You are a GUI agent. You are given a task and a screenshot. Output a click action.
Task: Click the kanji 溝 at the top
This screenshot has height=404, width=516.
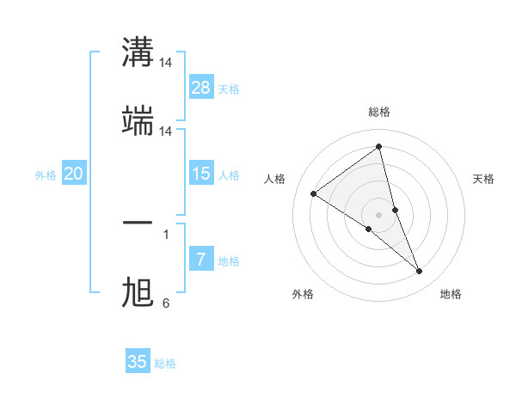(138, 52)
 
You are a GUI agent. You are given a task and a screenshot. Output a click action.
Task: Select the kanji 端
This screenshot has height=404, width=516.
(138, 121)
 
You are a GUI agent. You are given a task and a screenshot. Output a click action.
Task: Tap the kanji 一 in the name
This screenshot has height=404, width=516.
(138, 223)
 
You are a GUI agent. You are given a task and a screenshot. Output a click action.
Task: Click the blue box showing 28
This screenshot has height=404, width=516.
(201, 88)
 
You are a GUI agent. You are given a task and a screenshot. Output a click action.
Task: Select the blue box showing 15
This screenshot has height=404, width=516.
(201, 174)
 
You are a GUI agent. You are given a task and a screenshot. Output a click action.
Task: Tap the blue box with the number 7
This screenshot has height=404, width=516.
(201, 260)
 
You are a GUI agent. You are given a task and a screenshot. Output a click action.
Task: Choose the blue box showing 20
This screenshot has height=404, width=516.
(74, 174)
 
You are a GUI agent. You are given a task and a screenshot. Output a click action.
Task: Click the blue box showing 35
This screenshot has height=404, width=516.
(138, 362)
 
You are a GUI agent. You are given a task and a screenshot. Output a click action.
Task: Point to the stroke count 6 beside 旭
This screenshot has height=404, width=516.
(166, 303)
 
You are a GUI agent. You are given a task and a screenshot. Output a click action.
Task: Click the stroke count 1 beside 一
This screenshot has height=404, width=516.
(166, 233)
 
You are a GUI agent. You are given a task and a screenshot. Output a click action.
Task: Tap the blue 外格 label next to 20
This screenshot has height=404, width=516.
(46, 174)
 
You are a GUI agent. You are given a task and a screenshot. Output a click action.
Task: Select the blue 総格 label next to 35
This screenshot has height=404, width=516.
(165, 363)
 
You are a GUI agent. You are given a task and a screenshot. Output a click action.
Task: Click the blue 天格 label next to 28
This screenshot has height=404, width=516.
(229, 89)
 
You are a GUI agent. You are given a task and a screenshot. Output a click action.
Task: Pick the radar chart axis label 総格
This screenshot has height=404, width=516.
(379, 112)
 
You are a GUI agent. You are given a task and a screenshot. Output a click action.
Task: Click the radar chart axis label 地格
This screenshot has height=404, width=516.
(451, 294)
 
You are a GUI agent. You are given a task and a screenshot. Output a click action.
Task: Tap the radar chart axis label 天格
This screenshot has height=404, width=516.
(484, 179)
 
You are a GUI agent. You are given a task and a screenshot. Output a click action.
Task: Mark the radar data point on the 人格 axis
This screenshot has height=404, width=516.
(314, 193)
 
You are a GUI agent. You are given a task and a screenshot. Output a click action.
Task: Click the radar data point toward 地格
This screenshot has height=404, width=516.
(420, 271)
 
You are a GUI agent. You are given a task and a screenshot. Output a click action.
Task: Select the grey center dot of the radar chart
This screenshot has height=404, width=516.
(379, 214)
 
